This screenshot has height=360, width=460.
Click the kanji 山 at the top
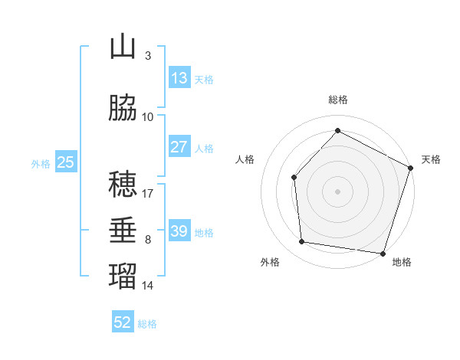click(x=123, y=47)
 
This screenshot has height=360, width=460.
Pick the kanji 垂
click(x=123, y=231)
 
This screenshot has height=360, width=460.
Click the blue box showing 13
click(x=179, y=78)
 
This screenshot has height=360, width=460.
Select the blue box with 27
click(x=179, y=147)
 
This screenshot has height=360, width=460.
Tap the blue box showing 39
click(x=179, y=231)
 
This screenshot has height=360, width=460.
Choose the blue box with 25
click(x=65, y=162)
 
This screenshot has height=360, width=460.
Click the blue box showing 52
click(x=123, y=322)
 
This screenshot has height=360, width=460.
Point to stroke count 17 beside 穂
click(x=148, y=194)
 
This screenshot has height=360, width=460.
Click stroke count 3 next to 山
click(x=147, y=56)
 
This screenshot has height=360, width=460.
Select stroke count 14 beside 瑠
click(x=148, y=286)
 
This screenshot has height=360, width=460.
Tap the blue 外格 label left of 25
click(x=41, y=163)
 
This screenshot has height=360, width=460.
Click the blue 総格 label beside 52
click(x=147, y=323)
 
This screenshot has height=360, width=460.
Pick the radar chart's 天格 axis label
click(x=431, y=159)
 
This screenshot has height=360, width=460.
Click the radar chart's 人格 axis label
click(x=245, y=159)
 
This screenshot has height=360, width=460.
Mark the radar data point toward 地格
click(x=383, y=253)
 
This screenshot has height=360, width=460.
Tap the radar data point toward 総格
click(x=337, y=131)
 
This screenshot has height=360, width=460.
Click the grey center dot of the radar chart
click(x=337, y=191)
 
